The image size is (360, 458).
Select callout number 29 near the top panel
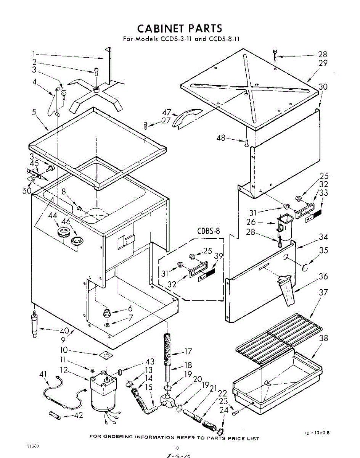coord(323,63)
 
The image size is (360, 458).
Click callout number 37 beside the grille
coord(323,292)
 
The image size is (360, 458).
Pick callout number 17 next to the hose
coord(188,352)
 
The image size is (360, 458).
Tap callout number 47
coord(166,113)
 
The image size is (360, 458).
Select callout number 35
coord(323,251)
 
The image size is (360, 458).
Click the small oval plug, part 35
coord(305,268)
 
